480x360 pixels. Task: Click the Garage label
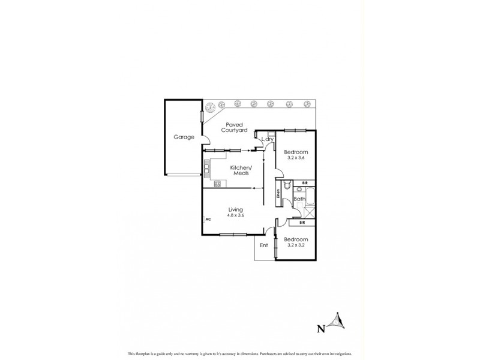pos(184,137)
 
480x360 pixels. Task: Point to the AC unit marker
pos(208,220)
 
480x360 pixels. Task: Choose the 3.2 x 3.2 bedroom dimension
pos(295,245)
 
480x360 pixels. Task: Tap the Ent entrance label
pos(263,245)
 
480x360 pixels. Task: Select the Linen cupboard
pos(278,193)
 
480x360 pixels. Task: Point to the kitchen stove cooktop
pos(208,170)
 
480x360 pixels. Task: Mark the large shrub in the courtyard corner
pos(211,109)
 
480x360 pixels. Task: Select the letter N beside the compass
pos(320,328)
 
